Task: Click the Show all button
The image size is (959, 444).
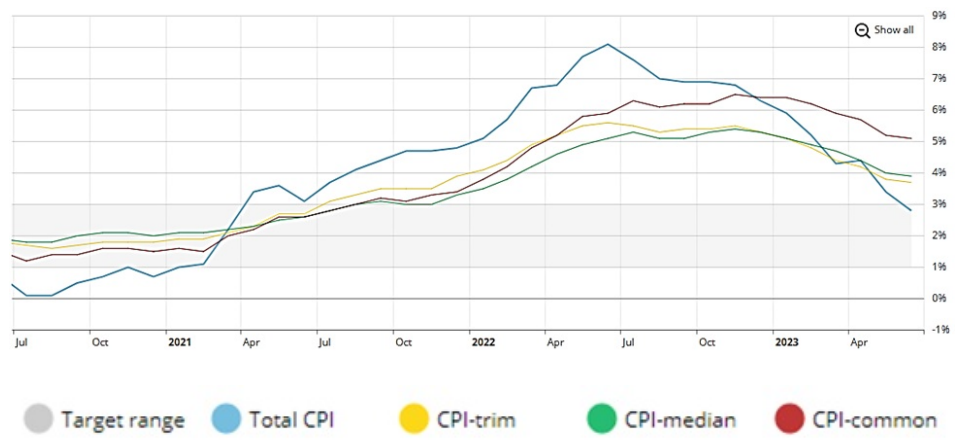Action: [x=893, y=30]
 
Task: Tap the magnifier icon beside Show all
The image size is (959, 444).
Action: [x=862, y=30]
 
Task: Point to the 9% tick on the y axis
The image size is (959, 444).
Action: [x=939, y=15]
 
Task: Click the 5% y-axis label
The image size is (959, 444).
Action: [x=939, y=141]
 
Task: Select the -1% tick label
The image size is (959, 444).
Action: [x=939, y=330]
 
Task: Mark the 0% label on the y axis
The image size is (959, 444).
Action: [x=939, y=298]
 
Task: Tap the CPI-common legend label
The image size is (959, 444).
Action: [x=874, y=420]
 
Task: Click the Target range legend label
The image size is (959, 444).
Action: [x=123, y=420]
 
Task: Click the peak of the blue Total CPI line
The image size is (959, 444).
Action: [x=608, y=44]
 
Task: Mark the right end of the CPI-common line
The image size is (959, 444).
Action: [x=911, y=138]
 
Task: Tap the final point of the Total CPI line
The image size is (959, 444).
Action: [x=911, y=210]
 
